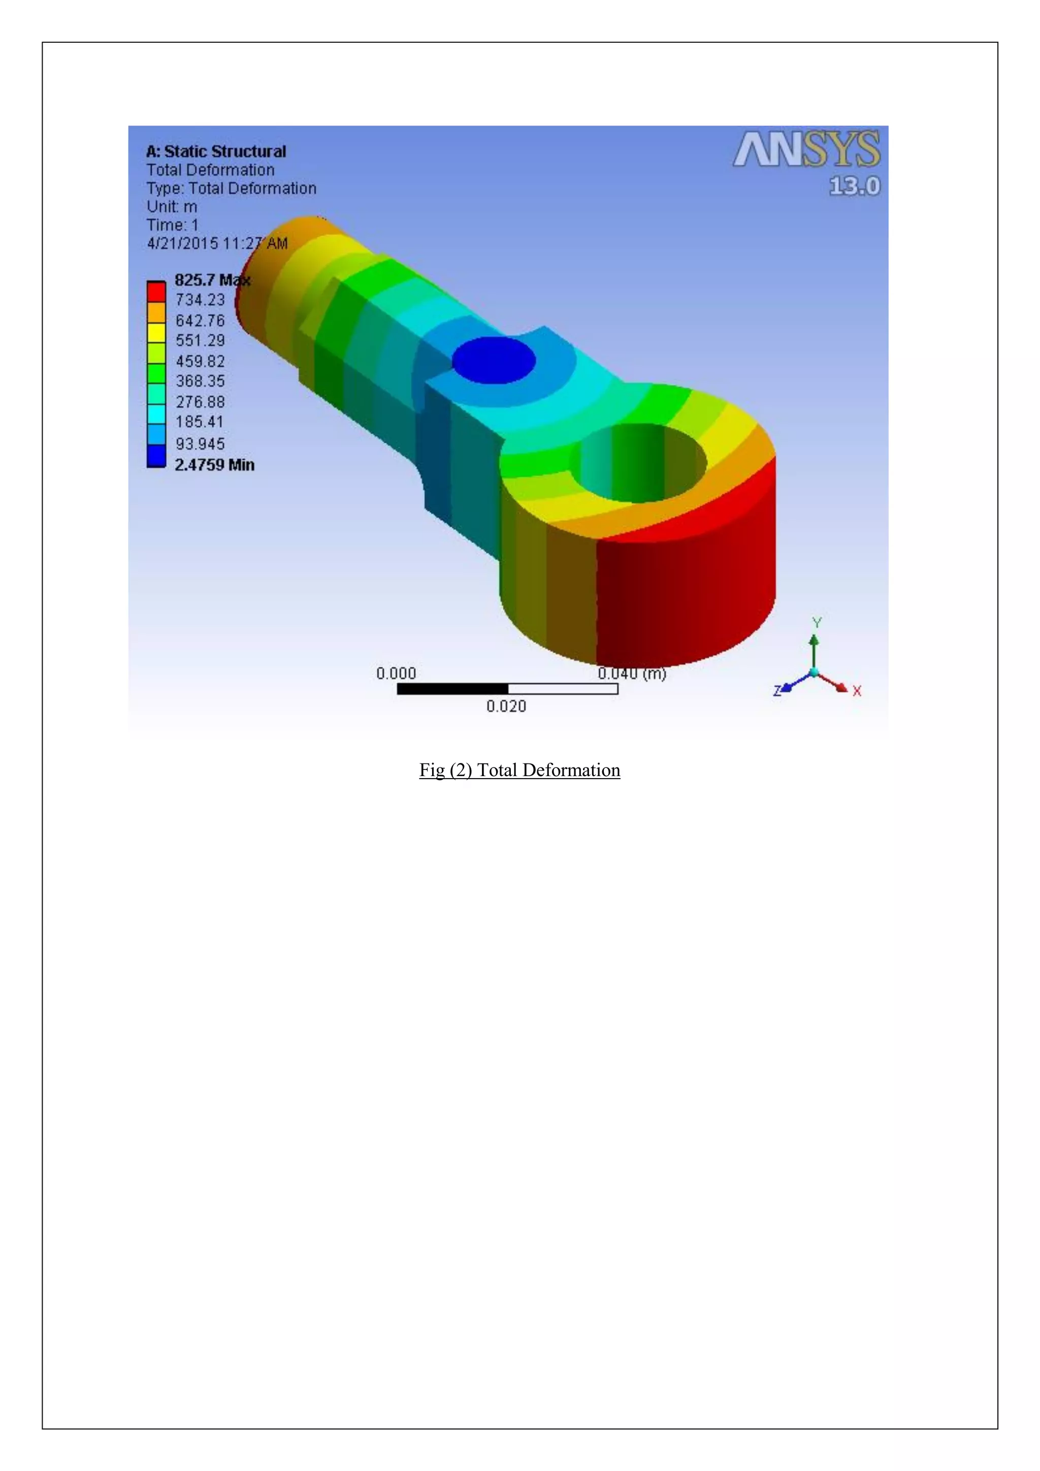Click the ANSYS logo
[806, 150]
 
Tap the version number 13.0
[854, 186]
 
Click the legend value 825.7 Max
[212, 280]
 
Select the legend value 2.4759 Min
[214, 464]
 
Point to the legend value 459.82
[200, 361]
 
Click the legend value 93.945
[200, 443]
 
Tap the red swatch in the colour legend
[156, 292]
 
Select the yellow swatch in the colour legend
[156, 333]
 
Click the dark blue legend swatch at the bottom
[156, 456]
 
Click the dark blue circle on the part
[494, 360]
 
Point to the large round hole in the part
[642, 463]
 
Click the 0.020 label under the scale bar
[506, 706]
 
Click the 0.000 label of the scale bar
[396, 674]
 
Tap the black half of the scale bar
[452, 689]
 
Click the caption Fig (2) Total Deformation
[519, 770]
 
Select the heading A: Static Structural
[216, 152]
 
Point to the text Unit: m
[172, 207]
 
